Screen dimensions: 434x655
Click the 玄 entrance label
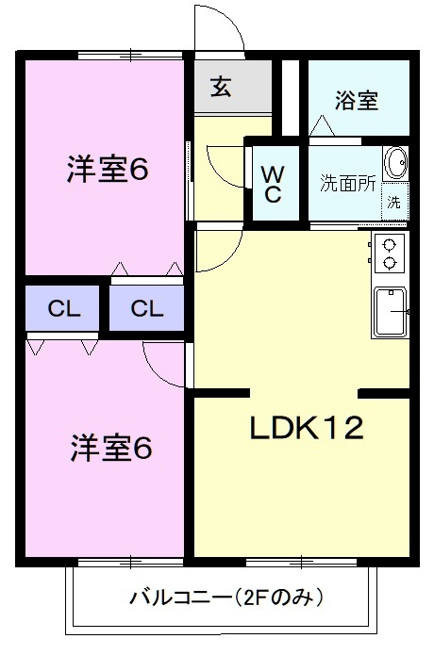(221, 87)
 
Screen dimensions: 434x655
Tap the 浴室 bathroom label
(357, 101)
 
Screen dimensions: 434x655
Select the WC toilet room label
(273, 184)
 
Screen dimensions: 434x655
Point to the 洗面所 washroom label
(347, 184)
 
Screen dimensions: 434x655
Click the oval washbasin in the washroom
(395, 162)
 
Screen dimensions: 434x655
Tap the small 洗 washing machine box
(393, 203)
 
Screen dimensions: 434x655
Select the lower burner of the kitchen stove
(390, 263)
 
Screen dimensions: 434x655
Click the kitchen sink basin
(391, 311)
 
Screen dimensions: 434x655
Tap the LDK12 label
(307, 428)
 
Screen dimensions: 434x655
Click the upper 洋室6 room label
(107, 170)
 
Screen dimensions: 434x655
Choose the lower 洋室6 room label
(111, 448)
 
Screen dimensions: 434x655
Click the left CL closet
(62, 308)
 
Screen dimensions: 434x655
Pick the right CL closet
(147, 308)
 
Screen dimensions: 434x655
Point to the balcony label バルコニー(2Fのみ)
(226, 598)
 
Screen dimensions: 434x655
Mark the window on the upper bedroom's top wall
(130, 55)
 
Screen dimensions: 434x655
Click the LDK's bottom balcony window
(301, 563)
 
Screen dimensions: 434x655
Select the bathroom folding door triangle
(322, 125)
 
